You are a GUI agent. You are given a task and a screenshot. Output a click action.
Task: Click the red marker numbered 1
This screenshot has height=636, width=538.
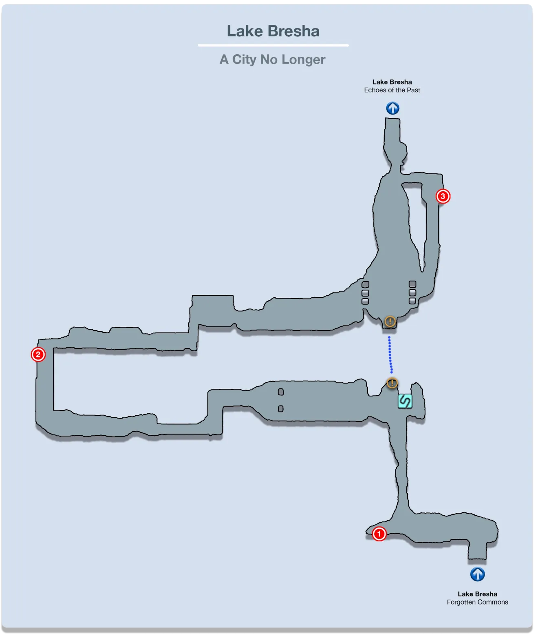pyautogui.click(x=379, y=534)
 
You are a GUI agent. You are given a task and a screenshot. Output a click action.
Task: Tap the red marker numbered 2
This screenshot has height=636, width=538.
pyautogui.click(x=38, y=354)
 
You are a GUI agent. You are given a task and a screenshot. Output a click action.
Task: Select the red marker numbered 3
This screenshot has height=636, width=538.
pyautogui.click(x=443, y=196)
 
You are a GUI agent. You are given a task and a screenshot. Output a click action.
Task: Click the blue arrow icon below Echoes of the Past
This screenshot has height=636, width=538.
pyautogui.click(x=392, y=108)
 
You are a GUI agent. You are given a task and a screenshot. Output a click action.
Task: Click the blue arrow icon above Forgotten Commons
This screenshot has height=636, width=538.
pyautogui.click(x=477, y=574)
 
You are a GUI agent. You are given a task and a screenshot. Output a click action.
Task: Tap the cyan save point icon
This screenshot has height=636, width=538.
pyautogui.click(x=405, y=401)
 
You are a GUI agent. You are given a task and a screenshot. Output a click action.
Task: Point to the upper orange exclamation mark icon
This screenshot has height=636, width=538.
pyautogui.click(x=390, y=321)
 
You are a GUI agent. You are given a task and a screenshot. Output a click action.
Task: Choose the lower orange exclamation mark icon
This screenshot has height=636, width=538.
pyautogui.click(x=392, y=383)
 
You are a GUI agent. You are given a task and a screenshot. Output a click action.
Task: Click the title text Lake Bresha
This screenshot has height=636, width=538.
pyautogui.click(x=273, y=31)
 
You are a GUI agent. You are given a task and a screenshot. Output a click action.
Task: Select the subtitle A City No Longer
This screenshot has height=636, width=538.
pyautogui.click(x=272, y=60)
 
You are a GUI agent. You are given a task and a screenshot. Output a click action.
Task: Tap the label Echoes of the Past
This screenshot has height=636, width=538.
pyautogui.click(x=392, y=90)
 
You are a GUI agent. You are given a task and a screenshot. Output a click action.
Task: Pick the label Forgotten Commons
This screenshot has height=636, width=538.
pyautogui.click(x=477, y=602)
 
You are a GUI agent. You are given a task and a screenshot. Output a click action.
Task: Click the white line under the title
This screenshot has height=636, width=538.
pyautogui.click(x=273, y=45)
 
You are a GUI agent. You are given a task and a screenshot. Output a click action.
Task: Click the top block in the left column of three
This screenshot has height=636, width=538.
pyautogui.click(x=366, y=284)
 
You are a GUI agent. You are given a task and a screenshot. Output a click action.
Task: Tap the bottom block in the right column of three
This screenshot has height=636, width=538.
pyautogui.click(x=412, y=301)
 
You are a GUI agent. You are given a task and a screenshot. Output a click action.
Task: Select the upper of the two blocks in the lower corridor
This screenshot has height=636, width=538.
pyautogui.click(x=281, y=392)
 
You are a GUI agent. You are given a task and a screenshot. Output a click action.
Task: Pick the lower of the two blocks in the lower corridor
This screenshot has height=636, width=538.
pyautogui.click(x=281, y=408)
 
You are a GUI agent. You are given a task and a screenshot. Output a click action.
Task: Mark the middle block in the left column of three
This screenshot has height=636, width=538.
pyautogui.click(x=365, y=293)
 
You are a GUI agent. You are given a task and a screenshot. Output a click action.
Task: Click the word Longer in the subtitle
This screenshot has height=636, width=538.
pyautogui.click(x=303, y=60)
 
